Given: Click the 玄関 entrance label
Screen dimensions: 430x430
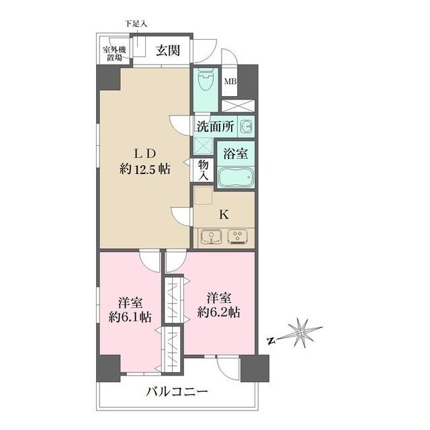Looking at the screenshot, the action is tap(168, 50).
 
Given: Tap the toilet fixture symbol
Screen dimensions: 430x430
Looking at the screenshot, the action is tap(206, 79).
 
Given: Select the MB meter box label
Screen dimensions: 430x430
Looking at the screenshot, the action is tap(230, 81).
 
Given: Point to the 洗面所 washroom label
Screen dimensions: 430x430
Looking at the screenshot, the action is tap(215, 127).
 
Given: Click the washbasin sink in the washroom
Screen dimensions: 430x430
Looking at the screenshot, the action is tap(247, 127).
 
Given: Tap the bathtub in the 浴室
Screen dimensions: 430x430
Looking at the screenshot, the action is tap(236, 177).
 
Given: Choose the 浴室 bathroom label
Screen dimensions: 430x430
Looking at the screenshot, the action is tap(236, 154).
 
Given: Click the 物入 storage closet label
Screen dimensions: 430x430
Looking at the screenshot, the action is tap(203, 170).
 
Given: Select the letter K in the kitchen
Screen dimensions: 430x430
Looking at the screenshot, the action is tap(224, 215).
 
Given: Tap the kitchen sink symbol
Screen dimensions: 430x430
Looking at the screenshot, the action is tap(211, 237).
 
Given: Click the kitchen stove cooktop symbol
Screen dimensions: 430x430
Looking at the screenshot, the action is tap(237, 237).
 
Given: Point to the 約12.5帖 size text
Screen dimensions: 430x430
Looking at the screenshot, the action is tap(145, 169).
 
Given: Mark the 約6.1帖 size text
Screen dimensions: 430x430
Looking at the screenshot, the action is tap(130, 318).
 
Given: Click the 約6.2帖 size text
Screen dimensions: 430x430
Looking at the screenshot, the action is tap(218, 312).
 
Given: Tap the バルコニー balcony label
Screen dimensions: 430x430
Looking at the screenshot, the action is tap(177, 392).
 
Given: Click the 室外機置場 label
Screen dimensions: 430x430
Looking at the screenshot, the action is tap(114, 54).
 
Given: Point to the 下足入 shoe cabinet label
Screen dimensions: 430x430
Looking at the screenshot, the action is tap(136, 24).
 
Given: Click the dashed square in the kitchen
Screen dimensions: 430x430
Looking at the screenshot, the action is tap(204, 196).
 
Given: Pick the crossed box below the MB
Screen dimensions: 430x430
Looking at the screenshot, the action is tap(238, 106).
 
